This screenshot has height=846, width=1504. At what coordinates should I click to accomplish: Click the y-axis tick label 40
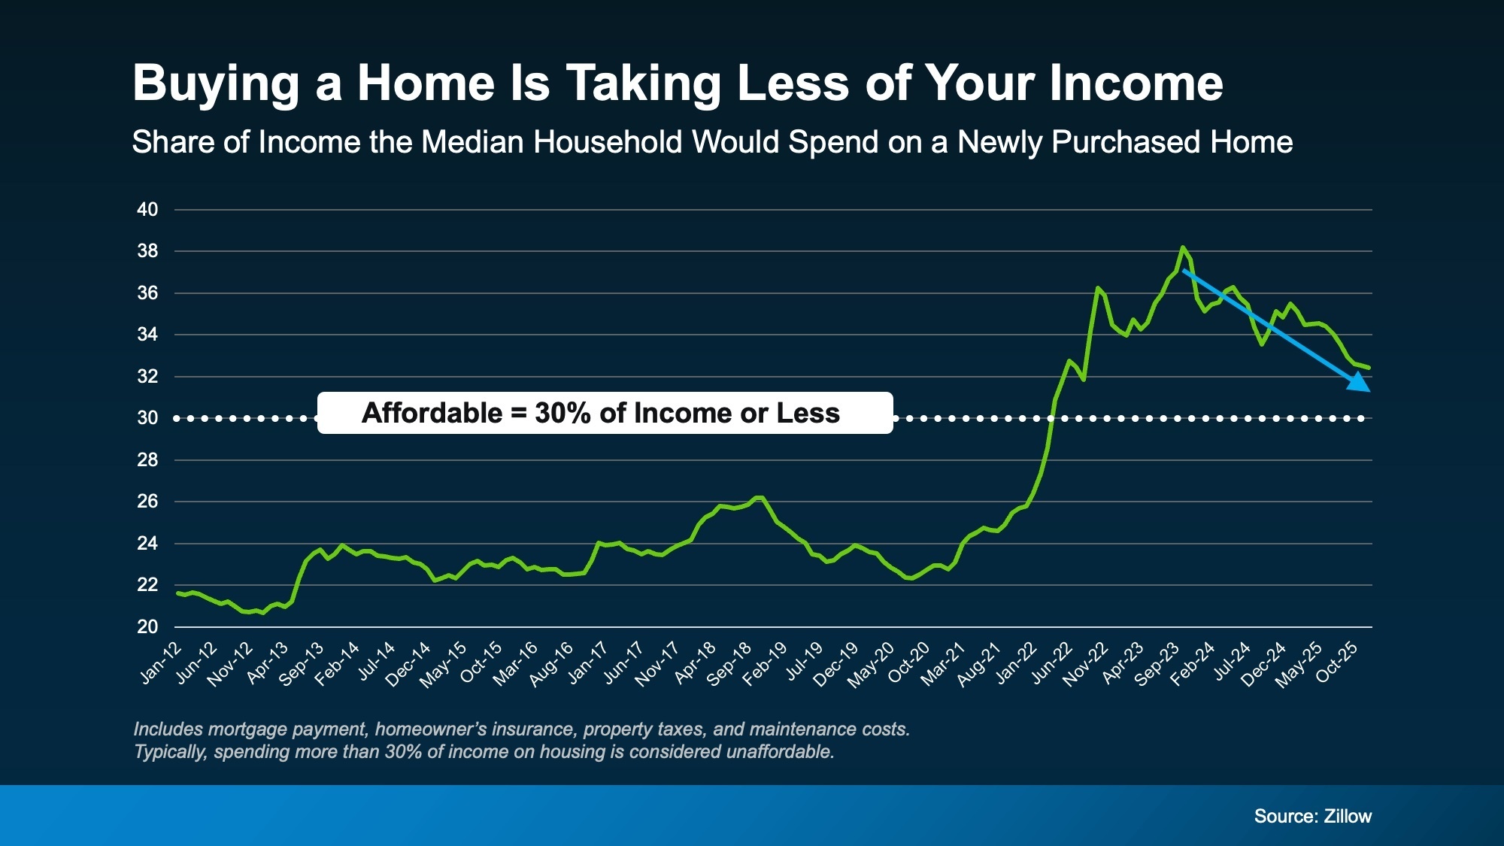coord(147,210)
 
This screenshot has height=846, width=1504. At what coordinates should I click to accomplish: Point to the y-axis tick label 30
coord(147,418)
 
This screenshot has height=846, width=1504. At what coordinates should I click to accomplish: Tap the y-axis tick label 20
coord(147,626)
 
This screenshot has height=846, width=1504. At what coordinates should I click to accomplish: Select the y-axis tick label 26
coord(147,502)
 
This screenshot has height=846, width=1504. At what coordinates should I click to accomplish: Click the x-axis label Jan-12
coord(161,663)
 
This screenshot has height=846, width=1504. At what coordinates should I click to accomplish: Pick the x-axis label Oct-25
coord(1336,662)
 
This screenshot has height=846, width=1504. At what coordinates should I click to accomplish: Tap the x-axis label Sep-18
coord(729,663)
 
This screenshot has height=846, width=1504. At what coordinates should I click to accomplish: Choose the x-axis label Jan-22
coord(1016,663)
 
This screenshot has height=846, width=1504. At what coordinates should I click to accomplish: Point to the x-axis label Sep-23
coord(1157,664)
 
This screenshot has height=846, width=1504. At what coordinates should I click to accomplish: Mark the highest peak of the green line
coord(1183,247)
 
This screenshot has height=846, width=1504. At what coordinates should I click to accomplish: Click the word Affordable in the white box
coord(432,413)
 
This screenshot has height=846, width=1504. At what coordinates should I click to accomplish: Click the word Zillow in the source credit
coord(1348,816)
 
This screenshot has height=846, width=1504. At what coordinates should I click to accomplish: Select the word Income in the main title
coord(1136,83)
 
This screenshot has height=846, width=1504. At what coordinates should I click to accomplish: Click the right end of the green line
coord(1369,368)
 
